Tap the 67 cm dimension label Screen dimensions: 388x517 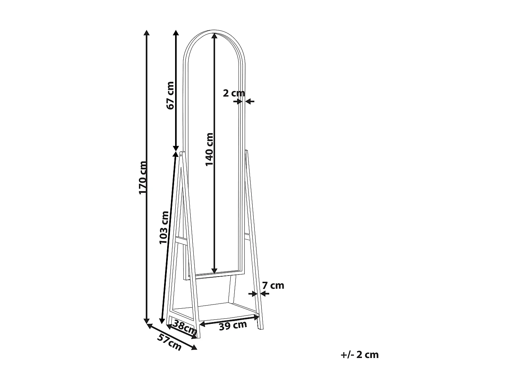(170, 96)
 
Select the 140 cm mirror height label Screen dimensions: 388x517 (210, 149)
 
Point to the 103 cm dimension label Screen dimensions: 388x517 (164, 227)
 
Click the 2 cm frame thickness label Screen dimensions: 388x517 (234, 93)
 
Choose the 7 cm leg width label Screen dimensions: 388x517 (273, 286)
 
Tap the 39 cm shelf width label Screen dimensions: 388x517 (233, 325)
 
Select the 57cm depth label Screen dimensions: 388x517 (169, 342)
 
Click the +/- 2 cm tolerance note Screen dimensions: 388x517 (359, 355)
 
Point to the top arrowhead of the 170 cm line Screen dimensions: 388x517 (146, 33)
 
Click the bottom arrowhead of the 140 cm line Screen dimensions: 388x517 (214, 271)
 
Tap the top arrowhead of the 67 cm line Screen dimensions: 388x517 (176, 33)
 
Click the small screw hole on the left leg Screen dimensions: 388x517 (181, 155)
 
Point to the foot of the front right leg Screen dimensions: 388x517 (260, 328)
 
